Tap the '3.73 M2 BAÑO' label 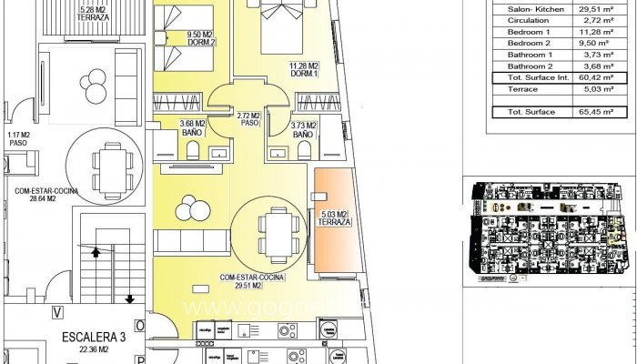[x=304, y=129]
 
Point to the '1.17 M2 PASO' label [x=19, y=138]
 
